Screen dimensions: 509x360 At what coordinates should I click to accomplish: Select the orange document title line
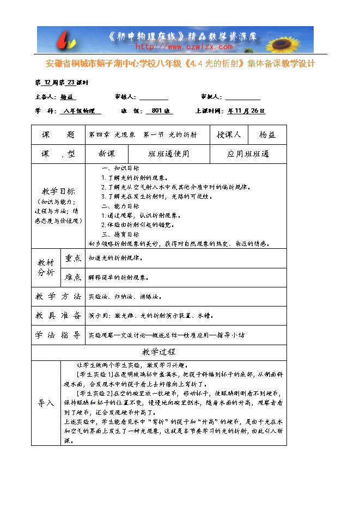[180, 64]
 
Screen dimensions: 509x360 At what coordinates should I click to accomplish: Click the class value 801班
[158, 111]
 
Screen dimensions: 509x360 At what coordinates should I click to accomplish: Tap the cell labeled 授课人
[229, 134]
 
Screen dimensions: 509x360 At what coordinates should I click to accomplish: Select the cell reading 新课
[107, 154]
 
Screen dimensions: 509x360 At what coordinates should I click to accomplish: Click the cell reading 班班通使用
[169, 154]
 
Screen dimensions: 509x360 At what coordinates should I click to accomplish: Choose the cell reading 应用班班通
[248, 154]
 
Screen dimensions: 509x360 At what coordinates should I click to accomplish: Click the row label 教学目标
[58, 192]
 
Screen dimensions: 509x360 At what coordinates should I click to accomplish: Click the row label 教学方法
[58, 297]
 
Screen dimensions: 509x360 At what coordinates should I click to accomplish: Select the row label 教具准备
[58, 316]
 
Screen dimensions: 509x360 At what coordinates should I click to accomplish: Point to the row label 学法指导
[58, 335]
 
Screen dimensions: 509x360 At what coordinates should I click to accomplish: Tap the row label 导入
[46, 403]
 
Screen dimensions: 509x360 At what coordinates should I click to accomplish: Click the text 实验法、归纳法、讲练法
[125, 297]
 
